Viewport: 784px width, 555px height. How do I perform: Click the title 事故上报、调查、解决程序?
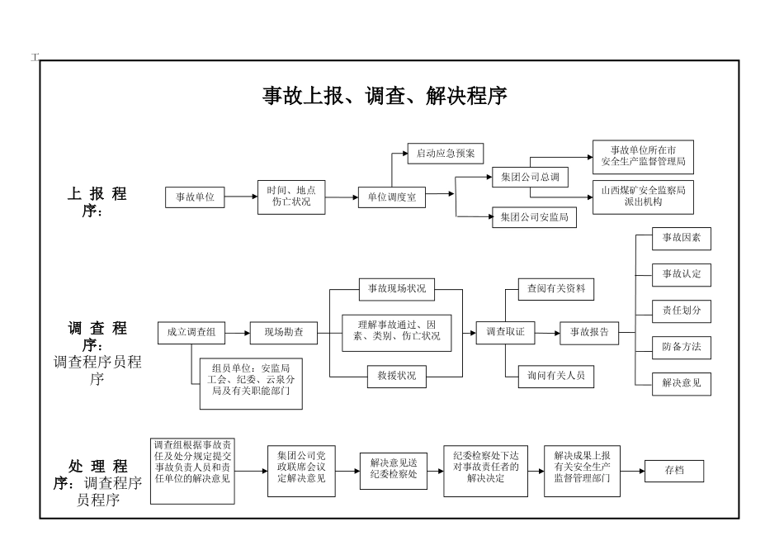click(x=385, y=97)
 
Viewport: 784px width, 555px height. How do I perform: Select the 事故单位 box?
click(x=195, y=197)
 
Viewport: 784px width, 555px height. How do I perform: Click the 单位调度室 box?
click(x=391, y=197)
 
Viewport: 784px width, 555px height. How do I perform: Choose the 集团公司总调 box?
click(x=530, y=176)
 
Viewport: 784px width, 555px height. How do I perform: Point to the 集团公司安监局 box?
click(x=533, y=217)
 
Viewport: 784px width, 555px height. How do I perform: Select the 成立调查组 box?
click(x=191, y=332)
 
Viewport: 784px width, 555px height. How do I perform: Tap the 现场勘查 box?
click(x=283, y=332)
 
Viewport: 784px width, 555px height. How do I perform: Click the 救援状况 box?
click(x=397, y=376)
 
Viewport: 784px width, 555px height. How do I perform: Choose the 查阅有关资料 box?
click(x=556, y=288)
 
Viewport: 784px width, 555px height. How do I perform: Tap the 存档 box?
click(x=674, y=471)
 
